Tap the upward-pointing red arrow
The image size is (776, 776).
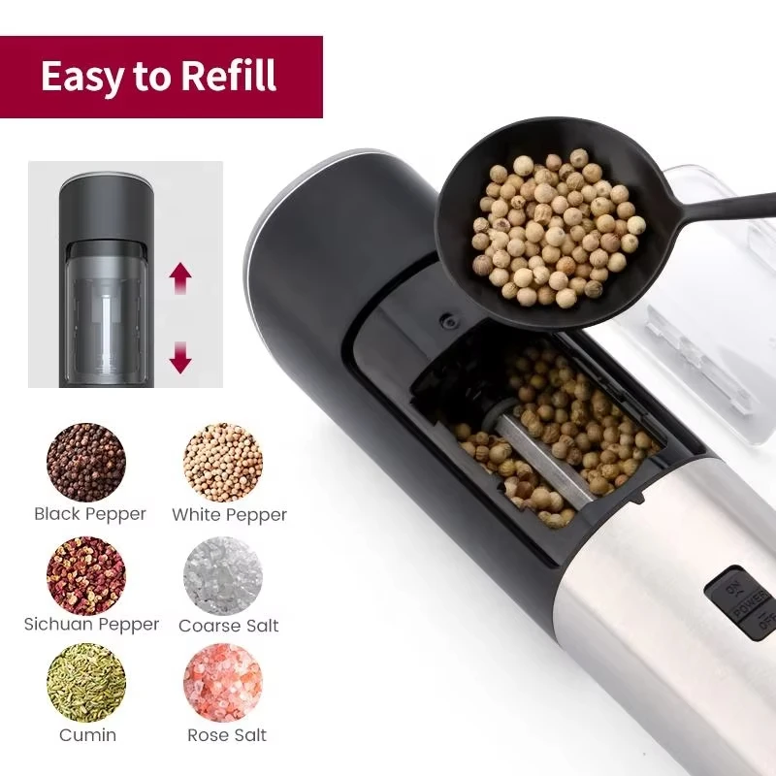[180, 279]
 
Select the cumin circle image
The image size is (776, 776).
[86, 682]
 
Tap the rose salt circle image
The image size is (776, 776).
[223, 682]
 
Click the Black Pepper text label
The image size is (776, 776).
[89, 514]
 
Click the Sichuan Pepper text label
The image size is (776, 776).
[91, 625]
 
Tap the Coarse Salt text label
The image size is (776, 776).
[228, 626]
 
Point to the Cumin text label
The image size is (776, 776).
[87, 734]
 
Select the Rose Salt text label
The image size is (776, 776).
[227, 735]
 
